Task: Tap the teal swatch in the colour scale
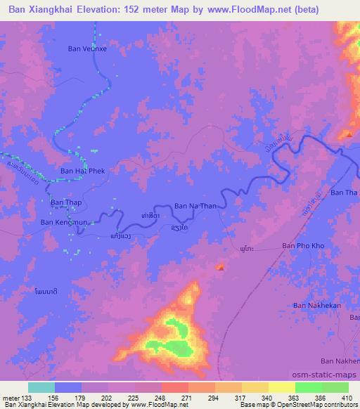coord(41,387)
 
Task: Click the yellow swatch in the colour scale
coord(281,387)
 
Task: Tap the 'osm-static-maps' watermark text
coord(330,376)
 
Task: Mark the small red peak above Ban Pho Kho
coord(221,267)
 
